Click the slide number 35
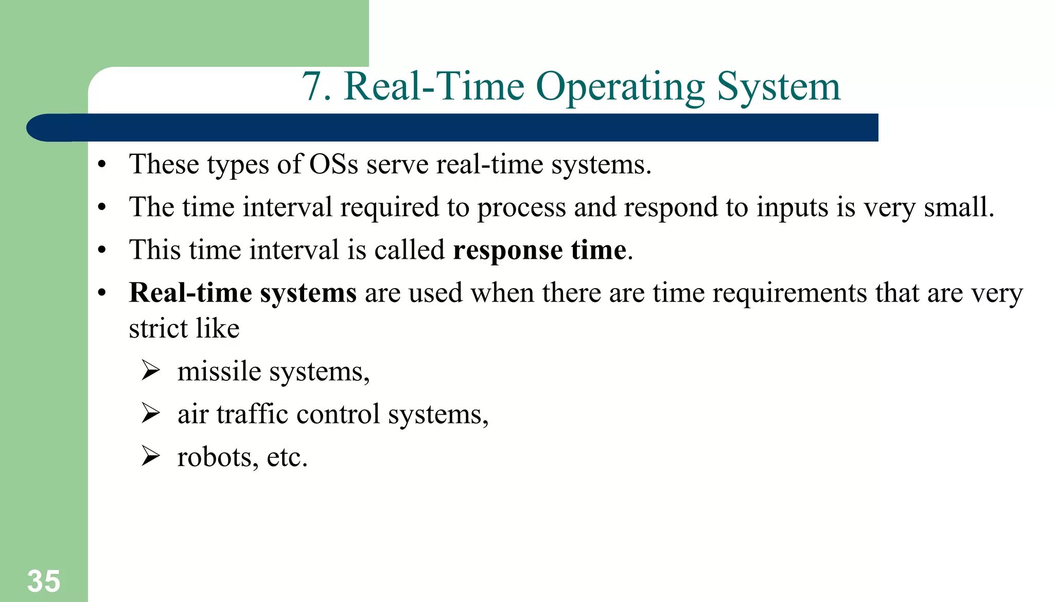44,581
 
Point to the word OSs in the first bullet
333,165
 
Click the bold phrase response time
539,250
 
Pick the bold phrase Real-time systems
242,293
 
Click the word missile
219,371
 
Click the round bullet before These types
102,165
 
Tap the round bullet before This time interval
102,250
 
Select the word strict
158,328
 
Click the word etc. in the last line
287,457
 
